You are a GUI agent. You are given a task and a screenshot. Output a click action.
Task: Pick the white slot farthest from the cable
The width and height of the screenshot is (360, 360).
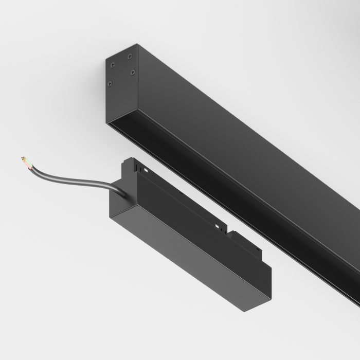[218, 227]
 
